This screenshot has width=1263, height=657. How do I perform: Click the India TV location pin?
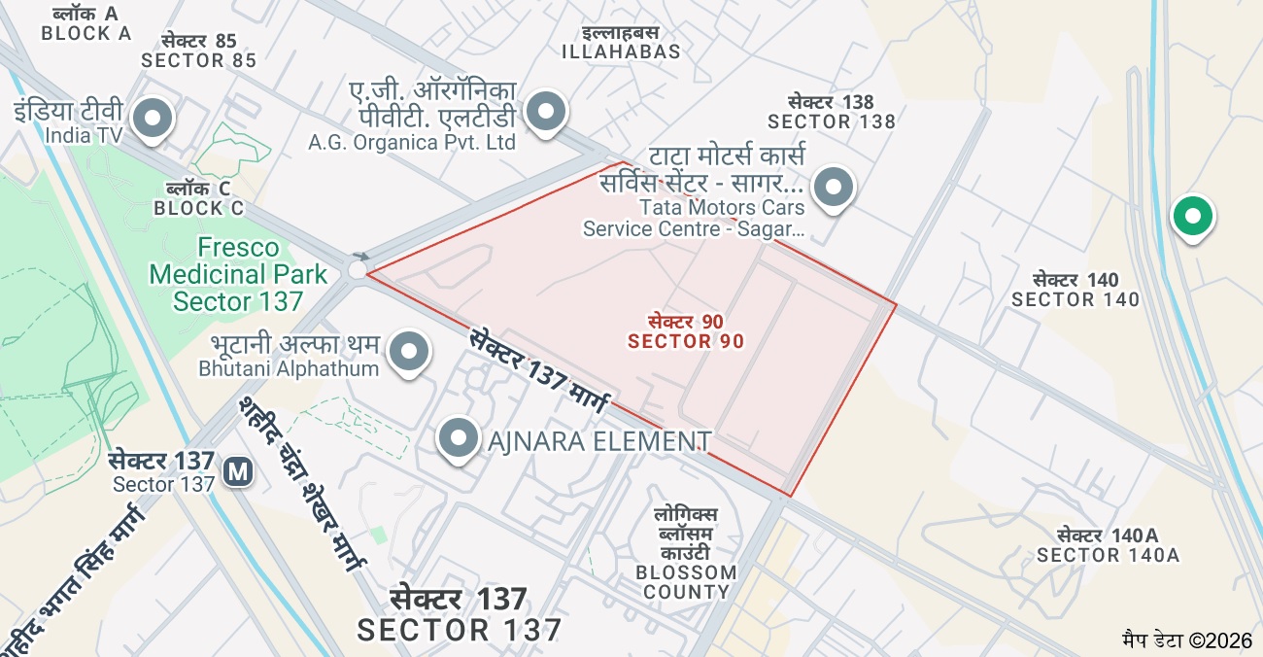[x=152, y=120]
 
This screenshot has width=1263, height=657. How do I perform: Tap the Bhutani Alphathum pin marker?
[x=409, y=353]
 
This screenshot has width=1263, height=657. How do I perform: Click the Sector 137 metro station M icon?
[x=238, y=472]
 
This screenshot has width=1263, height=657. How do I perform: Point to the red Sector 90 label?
[x=686, y=331]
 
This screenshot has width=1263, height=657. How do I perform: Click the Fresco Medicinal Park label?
[x=238, y=274]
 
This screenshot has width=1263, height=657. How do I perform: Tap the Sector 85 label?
[x=198, y=51]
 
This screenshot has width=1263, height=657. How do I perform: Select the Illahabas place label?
[x=621, y=43]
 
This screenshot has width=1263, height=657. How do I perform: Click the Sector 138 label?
[x=831, y=112]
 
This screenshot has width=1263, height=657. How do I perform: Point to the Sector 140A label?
[x=1108, y=545]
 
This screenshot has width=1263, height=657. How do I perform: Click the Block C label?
[x=198, y=198]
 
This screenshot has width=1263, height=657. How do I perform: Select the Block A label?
[x=85, y=23]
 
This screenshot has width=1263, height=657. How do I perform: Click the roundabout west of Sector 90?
[x=358, y=269]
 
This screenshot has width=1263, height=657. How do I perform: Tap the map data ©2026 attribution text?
[x=1186, y=640]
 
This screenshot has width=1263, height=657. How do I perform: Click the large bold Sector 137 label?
[x=459, y=614]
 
